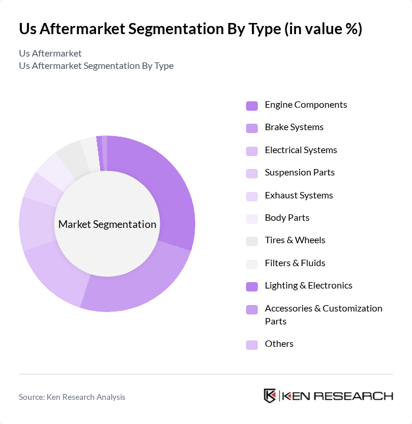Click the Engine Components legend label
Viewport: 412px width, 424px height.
pos(305,105)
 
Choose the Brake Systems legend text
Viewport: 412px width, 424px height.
pos(294,127)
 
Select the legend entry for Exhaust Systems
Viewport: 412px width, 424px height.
pos(298,196)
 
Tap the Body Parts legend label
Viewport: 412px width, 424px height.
pos(287,218)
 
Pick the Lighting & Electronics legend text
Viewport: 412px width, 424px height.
pos(308,286)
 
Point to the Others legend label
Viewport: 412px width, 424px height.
pos(279,344)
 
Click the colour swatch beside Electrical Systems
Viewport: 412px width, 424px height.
pos(252,151)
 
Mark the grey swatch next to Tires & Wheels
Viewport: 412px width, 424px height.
pos(252,241)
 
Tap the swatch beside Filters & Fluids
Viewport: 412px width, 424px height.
pos(252,264)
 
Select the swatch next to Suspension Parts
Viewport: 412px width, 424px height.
pos(252,173)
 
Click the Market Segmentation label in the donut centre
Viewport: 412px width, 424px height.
pos(107,224)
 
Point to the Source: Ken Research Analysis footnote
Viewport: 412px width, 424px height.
pos(72,397)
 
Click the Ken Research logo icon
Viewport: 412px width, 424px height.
pos(270,396)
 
